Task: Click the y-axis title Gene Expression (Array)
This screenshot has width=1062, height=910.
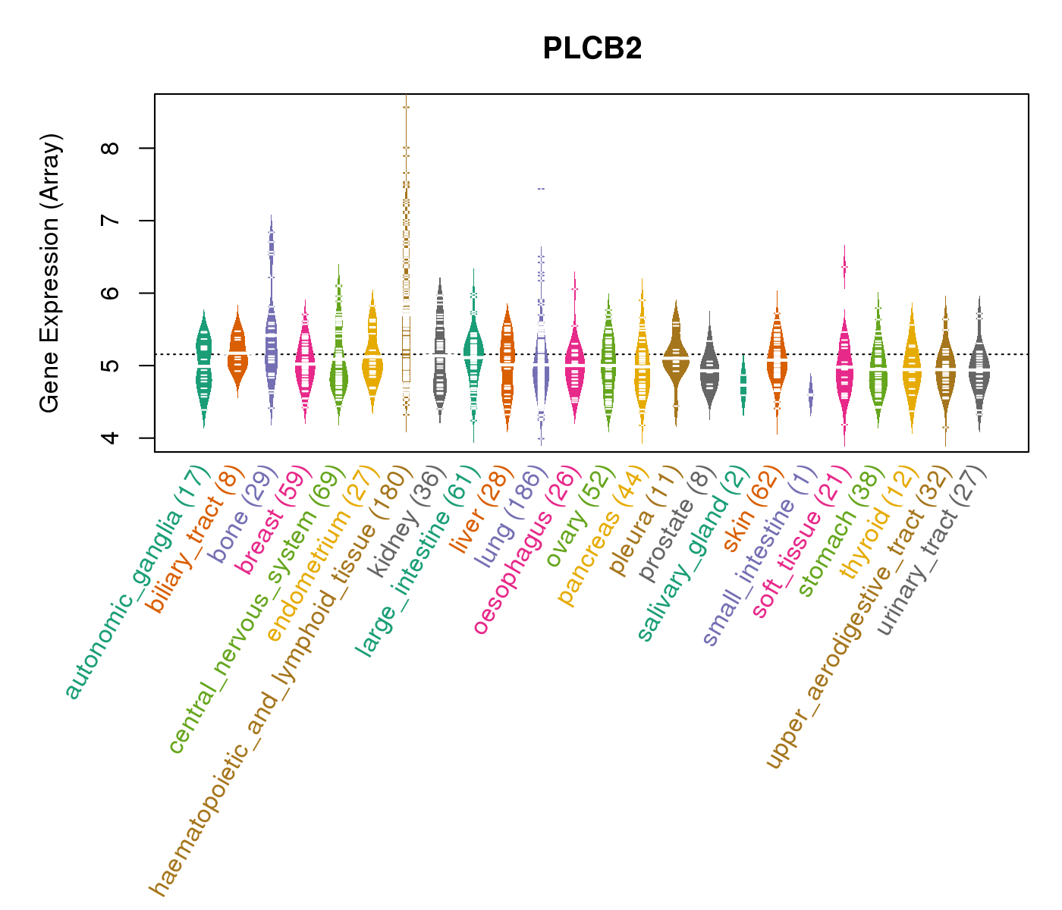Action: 50,273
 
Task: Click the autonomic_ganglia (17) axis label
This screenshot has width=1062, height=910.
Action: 134,582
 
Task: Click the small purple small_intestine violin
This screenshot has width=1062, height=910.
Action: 810,394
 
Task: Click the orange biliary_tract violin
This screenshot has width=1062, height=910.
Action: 237,353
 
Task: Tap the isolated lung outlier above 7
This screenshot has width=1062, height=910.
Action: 541,188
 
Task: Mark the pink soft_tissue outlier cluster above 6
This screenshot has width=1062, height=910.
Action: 844,267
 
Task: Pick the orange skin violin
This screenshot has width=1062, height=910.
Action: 777,360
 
